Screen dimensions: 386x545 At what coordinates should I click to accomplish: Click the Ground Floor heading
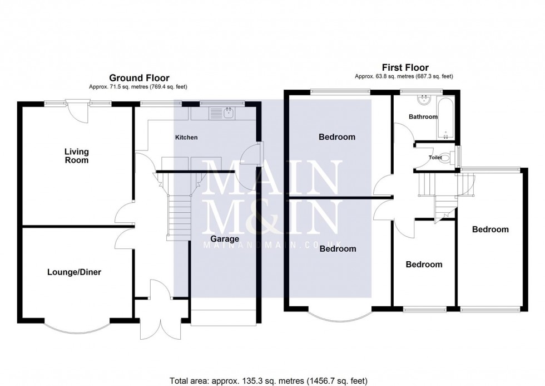[x=139, y=78]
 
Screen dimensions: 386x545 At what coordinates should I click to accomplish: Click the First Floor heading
[x=404, y=68]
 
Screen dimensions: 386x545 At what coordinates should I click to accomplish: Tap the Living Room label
[x=76, y=156]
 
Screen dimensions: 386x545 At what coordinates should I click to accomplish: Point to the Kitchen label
[x=186, y=137]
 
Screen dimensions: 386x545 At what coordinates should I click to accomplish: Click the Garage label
[x=225, y=239]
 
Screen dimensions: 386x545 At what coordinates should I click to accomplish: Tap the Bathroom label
[x=423, y=117]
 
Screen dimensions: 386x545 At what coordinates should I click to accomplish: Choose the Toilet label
[x=435, y=158]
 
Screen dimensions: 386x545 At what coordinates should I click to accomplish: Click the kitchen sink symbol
[x=228, y=113]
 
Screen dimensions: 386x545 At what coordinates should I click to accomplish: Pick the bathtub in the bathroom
[x=447, y=118]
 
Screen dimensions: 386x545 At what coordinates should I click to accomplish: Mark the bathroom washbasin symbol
[x=425, y=100]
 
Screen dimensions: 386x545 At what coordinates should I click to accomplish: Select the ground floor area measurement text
[x=139, y=87]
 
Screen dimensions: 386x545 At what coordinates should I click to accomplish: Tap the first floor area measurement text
[x=404, y=76]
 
